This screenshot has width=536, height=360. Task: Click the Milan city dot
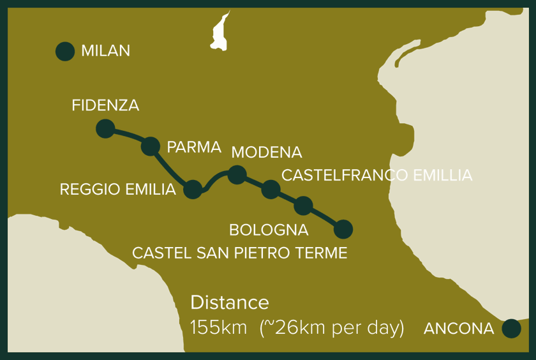[65, 52]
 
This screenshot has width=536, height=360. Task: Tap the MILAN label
[105, 51]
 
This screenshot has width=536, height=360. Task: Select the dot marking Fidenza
[105, 128]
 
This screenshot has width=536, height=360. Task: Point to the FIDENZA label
[105, 105]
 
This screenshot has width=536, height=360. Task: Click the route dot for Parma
[150, 146]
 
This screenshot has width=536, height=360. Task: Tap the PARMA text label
[194, 147]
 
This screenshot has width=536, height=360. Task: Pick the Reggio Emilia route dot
[193, 189]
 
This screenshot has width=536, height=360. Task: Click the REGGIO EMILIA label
[117, 190]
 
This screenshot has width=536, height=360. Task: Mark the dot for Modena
[237, 174]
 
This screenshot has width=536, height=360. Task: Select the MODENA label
[267, 153]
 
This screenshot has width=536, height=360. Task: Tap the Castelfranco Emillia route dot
[271, 189]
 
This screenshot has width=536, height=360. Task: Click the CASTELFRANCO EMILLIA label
[376, 175]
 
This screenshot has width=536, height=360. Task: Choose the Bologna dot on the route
[303, 206]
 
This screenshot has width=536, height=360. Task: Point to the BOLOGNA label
[269, 230]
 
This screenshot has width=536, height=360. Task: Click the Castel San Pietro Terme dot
[343, 229]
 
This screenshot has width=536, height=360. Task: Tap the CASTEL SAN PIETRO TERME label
[239, 253]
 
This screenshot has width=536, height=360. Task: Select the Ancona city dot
[511, 329]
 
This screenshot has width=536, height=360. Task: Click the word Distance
[230, 303]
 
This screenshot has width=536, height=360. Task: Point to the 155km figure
[219, 328]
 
